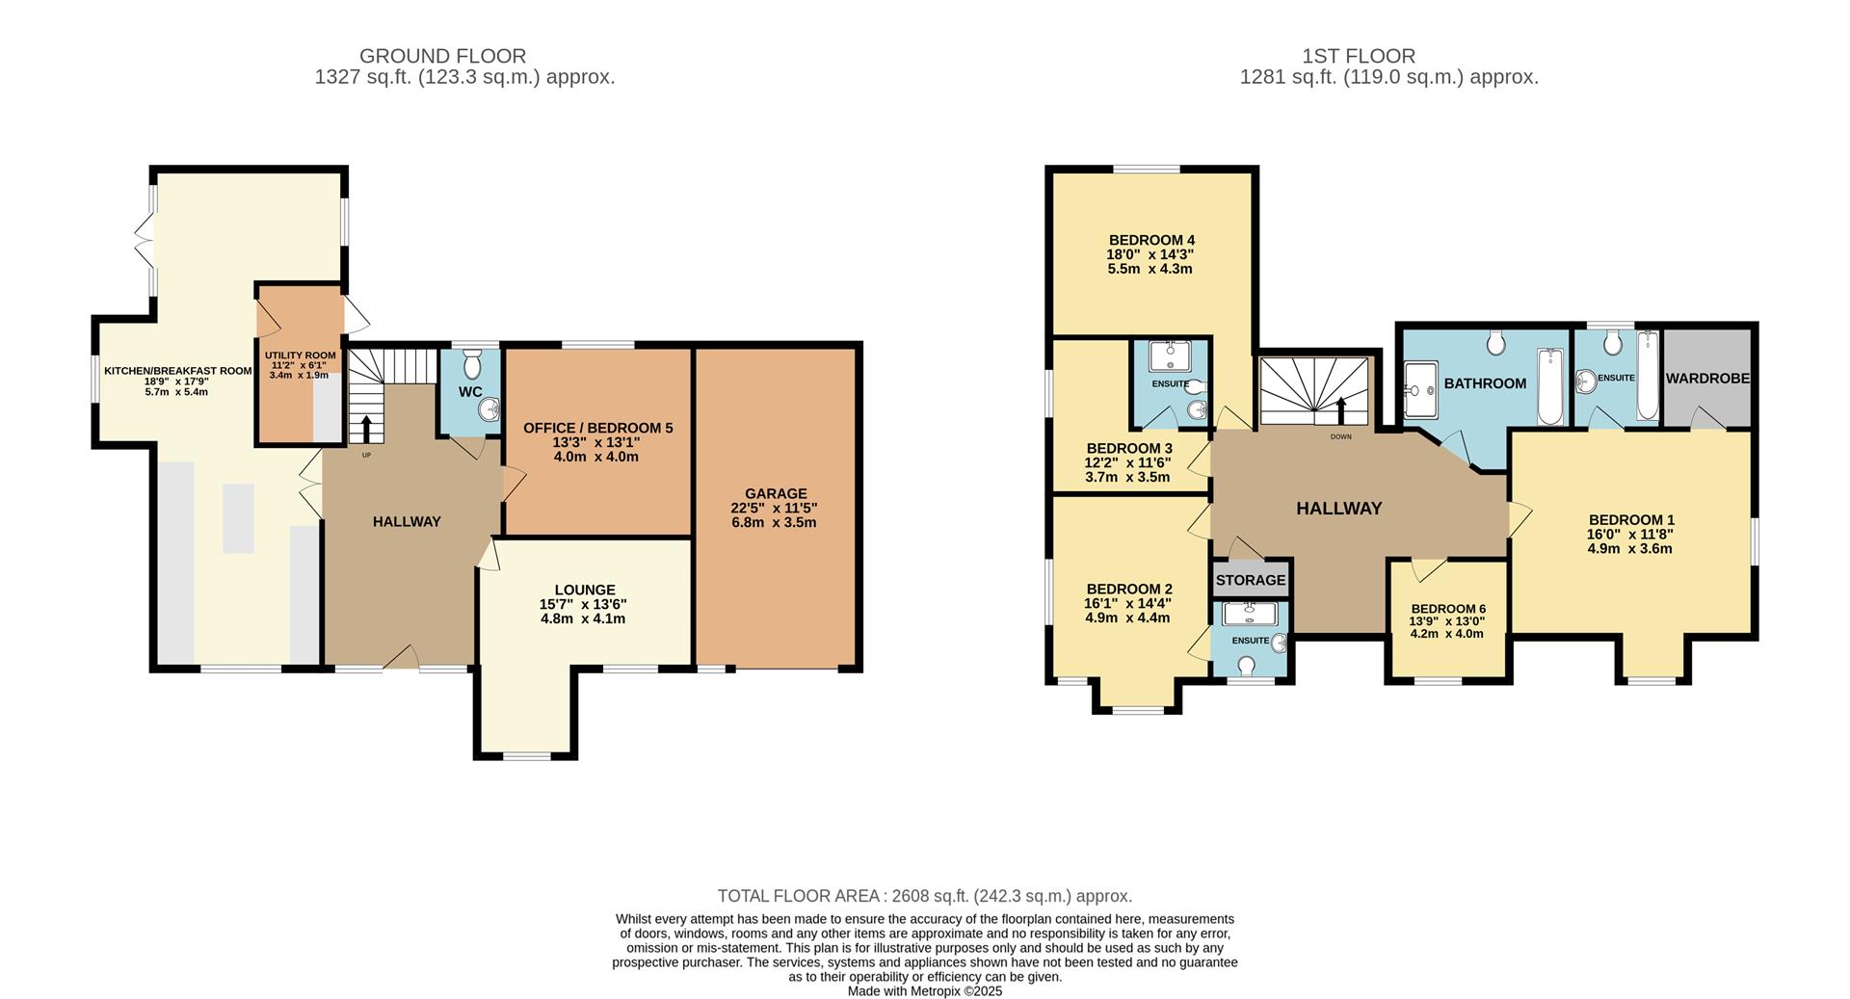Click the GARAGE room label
(x=775, y=493)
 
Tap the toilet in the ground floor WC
(x=471, y=365)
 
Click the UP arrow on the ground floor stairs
(x=366, y=427)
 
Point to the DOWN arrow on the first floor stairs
(x=1340, y=411)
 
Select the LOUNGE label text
(x=584, y=590)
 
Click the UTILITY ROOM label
(x=301, y=355)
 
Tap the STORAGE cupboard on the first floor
(x=1250, y=580)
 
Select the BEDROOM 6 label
(x=1447, y=609)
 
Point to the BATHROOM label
(x=1484, y=383)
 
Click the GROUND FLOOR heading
(x=442, y=56)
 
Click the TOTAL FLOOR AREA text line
(x=924, y=896)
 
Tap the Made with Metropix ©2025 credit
(x=924, y=990)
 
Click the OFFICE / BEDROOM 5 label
(x=597, y=428)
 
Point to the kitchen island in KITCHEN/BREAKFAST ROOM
(x=238, y=518)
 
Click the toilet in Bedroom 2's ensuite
(x=1247, y=665)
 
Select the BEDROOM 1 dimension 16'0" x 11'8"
(x=1630, y=535)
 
